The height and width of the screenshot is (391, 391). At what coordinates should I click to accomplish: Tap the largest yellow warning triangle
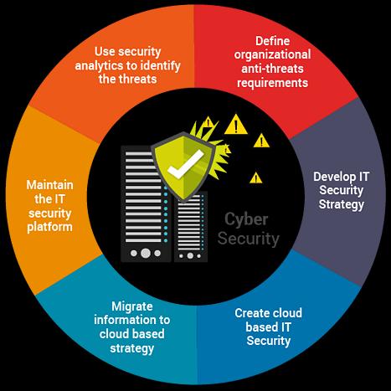236,125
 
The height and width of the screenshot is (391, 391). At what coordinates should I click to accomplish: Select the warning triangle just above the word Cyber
255,177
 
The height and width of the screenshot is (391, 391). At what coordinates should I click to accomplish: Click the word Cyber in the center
246,220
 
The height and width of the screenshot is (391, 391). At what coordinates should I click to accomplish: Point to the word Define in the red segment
272,41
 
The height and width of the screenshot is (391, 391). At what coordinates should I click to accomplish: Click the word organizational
272,54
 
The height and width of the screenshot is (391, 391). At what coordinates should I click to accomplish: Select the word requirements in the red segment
272,83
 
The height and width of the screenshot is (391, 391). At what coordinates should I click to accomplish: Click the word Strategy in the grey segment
342,204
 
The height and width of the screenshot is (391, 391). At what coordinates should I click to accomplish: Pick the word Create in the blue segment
251,313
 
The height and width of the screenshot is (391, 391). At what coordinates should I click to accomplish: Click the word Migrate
132,306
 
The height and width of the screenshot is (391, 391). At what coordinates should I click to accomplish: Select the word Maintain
50,185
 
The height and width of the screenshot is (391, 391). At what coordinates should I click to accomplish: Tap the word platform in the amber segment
50,227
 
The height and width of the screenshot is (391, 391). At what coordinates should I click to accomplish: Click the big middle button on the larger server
146,253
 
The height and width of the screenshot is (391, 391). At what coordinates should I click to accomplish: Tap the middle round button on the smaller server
190,255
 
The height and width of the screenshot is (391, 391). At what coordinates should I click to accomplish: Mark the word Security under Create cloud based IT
269,341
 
